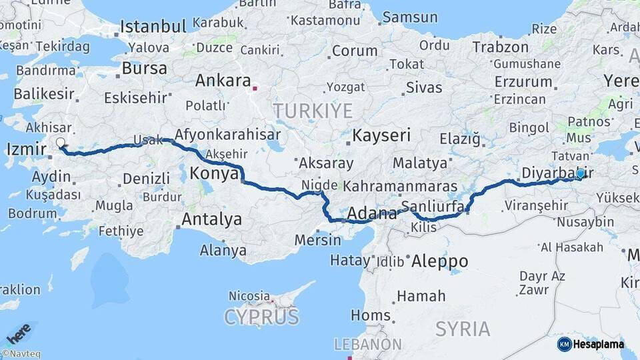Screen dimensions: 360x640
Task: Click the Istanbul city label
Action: point(153,27)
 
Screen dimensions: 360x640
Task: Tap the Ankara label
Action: point(223,81)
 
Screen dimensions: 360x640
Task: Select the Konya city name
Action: point(214,174)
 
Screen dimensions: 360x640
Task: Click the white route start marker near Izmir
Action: point(61,143)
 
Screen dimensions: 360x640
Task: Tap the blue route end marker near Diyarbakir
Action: point(580,173)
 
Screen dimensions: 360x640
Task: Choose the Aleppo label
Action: point(439,261)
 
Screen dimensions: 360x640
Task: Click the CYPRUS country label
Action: point(261,317)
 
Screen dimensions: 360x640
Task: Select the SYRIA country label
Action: point(463,329)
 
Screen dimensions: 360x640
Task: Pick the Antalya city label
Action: point(211,219)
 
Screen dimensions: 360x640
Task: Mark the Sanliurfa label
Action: point(433,207)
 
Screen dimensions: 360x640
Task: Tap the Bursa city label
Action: point(144,69)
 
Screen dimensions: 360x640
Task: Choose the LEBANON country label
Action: point(368,345)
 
